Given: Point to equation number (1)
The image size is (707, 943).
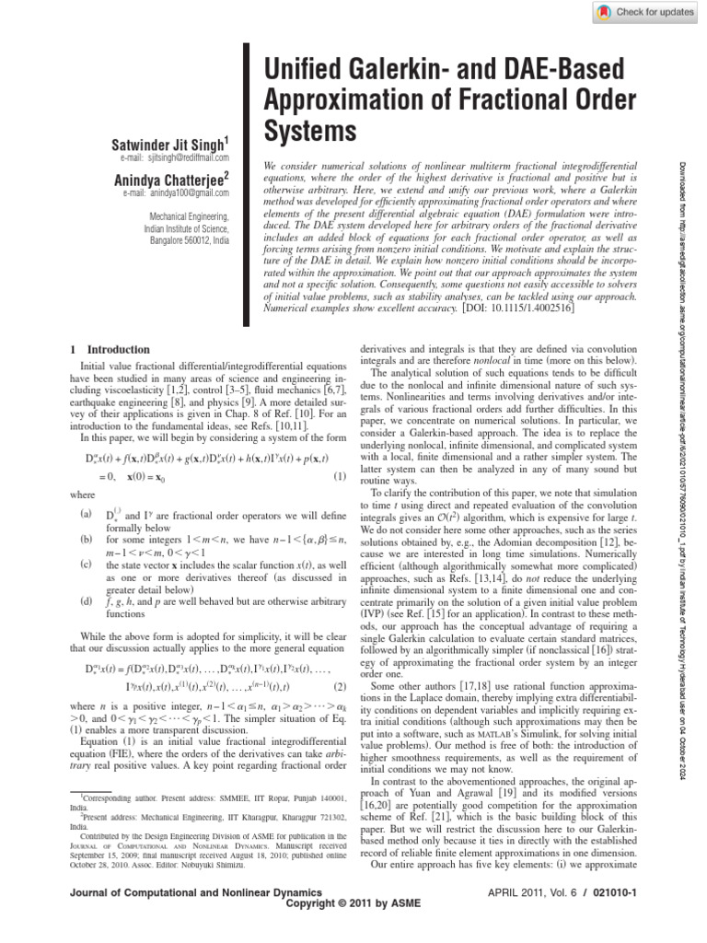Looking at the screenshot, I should pos(339,476).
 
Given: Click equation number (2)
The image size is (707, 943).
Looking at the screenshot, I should pos(339,685).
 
